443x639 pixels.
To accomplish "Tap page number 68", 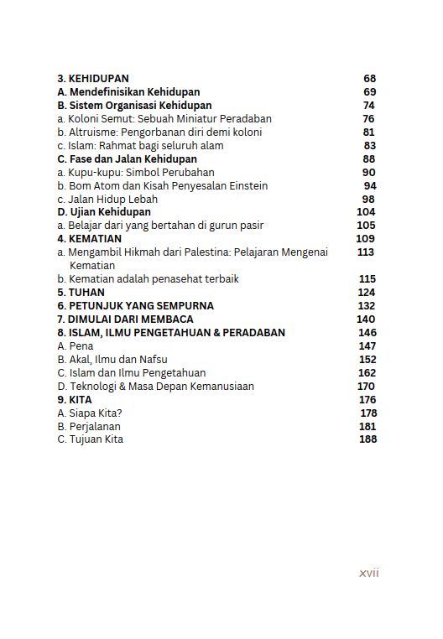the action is click(370, 79).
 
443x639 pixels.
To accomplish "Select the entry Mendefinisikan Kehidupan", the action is click(134, 92).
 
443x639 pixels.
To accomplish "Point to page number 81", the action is click(369, 132).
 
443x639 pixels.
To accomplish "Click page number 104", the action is click(366, 213).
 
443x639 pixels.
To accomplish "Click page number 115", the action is click(367, 279).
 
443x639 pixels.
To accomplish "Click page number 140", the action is click(366, 319).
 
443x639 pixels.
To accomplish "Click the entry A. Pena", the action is click(75, 346).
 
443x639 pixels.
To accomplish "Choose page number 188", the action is click(367, 439).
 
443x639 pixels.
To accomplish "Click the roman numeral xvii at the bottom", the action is click(369, 574).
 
